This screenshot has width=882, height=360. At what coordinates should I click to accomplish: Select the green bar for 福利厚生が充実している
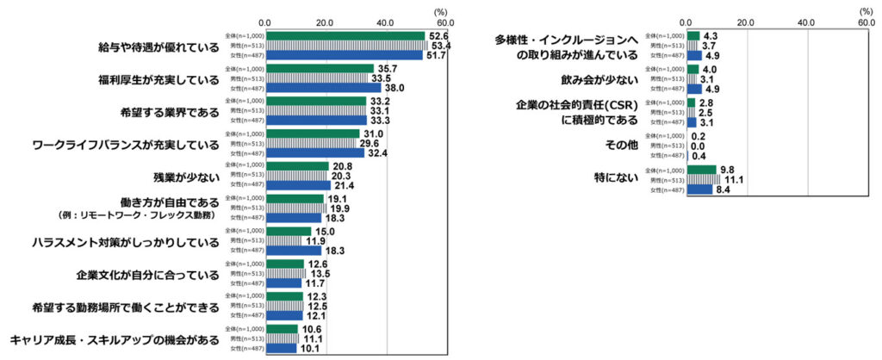click(319, 68)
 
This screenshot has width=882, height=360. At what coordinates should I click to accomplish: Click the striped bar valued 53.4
click(346, 46)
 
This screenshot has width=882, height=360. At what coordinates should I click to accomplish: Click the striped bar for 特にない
click(703, 179)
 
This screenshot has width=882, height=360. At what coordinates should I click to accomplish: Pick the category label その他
click(621, 145)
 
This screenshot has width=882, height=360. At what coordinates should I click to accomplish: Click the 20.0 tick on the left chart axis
click(325, 23)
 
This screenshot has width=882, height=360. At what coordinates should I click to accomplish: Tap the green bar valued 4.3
click(693, 35)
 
